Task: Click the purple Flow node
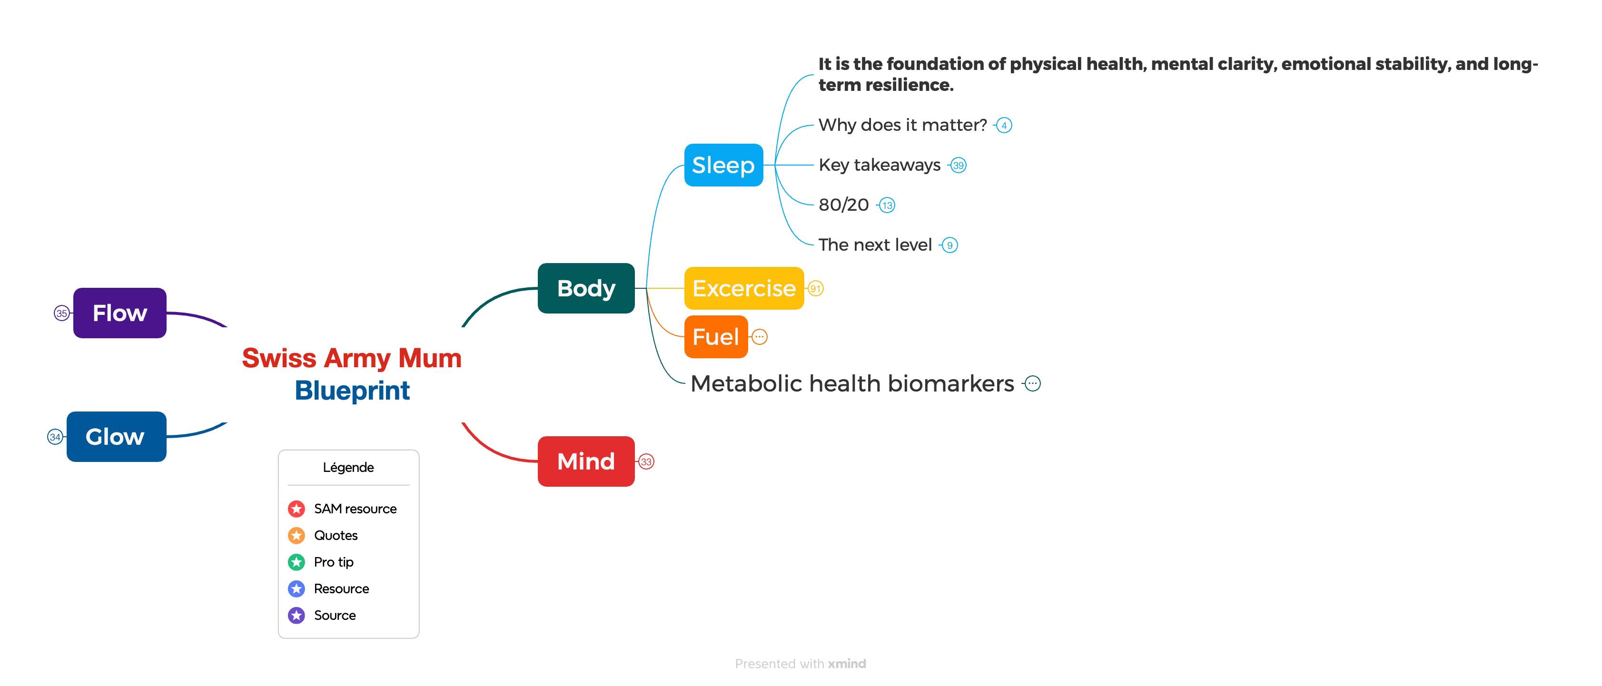tap(119, 313)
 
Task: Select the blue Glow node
tap(116, 436)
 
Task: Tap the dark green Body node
tap(586, 288)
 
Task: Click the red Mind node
tap(586, 461)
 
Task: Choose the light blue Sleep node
tap(723, 165)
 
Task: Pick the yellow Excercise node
tap(744, 288)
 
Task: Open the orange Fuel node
tap(716, 337)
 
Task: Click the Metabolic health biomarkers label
tap(852, 383)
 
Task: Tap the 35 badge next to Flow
tap(61, 313)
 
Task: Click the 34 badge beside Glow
tap(55, 437)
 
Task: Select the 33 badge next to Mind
tap(646, 461)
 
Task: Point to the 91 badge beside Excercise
tap(815, 289)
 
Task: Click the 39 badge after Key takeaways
tap(959, 165)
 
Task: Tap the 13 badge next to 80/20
tap(887, 205)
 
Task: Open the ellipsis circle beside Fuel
tap(759, 337)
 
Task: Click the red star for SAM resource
tap(297, 509)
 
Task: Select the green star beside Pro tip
tap(297, 562)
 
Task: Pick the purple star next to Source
tap(297, 615)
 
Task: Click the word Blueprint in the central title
tap(352, 390)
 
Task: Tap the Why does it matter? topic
tap(902, 125)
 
